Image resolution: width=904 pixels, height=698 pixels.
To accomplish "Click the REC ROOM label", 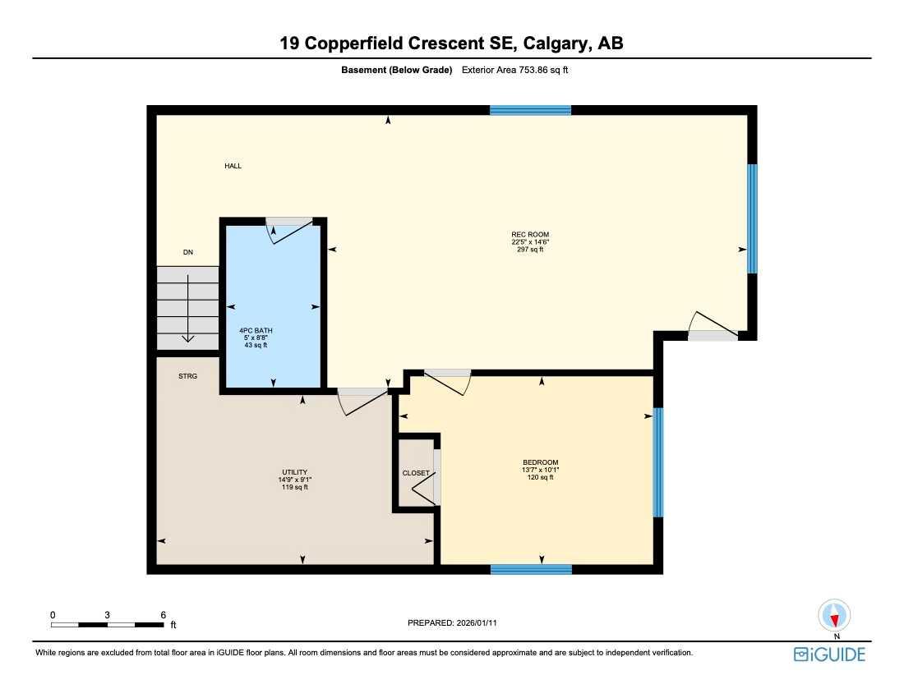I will coord(529,234).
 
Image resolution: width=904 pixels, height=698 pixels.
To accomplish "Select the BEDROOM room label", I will coord(540,462).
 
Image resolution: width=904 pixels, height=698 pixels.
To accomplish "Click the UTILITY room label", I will coord(294,472).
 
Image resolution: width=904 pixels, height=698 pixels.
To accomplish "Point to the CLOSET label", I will coord(415,473).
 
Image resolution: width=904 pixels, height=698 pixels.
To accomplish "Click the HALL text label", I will coord(233,166).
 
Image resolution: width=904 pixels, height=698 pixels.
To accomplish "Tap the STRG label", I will coord(188,377).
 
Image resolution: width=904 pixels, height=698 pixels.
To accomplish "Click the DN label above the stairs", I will coord(187,252).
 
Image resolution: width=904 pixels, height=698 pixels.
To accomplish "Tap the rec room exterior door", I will coord(712,327).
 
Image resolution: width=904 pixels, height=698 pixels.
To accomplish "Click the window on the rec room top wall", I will coord(530,110).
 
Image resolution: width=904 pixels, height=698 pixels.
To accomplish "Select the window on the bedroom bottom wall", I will coord(531,569).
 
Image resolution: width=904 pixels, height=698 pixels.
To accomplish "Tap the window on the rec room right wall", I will coord(752,218).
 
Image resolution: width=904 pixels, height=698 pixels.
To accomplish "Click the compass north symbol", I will coord(836,617).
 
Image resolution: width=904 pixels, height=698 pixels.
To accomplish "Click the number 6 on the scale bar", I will coord(164,614).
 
